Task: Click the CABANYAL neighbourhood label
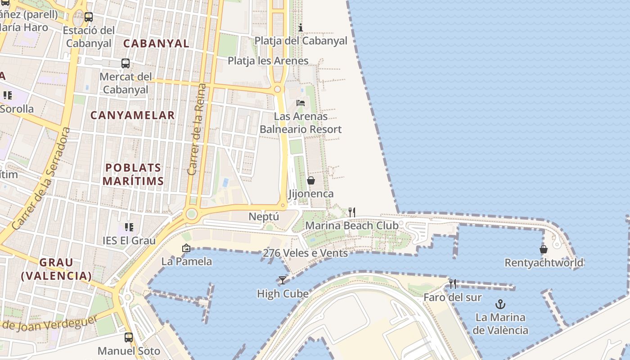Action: (156, 44)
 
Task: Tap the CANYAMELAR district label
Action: (133, 115)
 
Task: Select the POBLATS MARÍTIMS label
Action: (133, 174)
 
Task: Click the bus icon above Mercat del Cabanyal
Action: (126, 63)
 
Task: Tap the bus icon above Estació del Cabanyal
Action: (89, 17)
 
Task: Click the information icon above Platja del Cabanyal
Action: (301, 27)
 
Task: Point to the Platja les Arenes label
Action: (268, 61)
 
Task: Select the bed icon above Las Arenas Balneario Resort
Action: (301, 103)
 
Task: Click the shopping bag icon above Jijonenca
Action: (310, 180)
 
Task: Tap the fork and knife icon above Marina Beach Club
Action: (352, 212)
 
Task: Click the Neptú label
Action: (264, 216)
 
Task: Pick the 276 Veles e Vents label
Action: (305, 253)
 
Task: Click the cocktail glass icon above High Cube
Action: (282, 280)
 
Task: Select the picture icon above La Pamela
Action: (186, 248)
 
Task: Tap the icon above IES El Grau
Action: (129, 227)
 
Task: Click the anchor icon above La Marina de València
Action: (500, 304)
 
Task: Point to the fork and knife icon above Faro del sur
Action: (453, 284)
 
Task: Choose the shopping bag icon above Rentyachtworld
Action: (544, 249)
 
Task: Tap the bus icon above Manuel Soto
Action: (129, 337)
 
